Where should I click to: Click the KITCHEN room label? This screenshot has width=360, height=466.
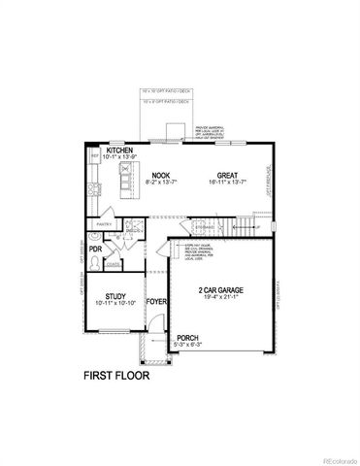[x=119, y=150]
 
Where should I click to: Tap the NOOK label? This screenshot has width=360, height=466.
[x=157, y=174]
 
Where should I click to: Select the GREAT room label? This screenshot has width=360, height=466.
[x=227, y=174]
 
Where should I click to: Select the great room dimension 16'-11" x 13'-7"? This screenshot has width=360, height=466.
[x=227, y=182]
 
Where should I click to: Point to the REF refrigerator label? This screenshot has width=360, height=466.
[x=94, y=155]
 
